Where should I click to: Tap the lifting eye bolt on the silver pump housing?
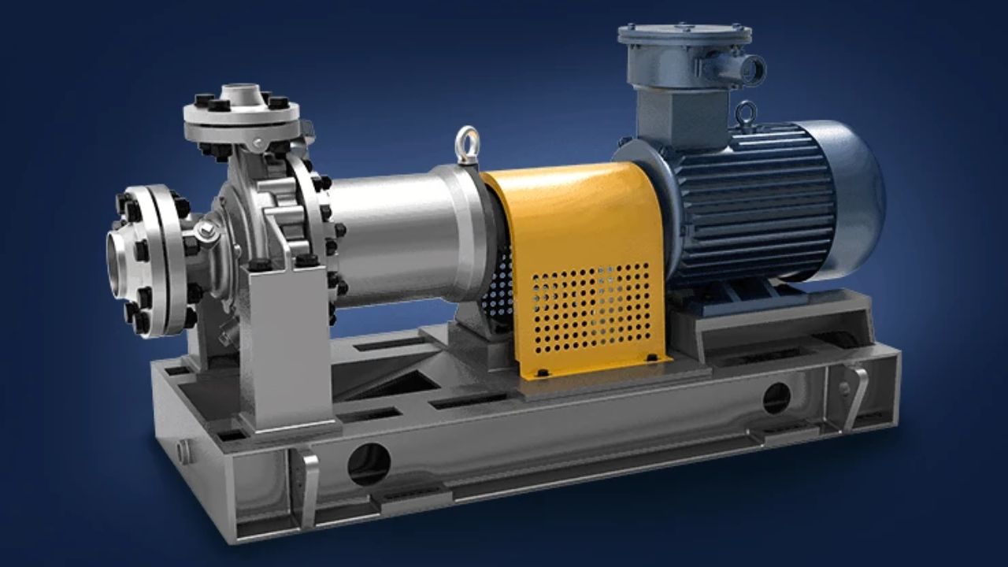point(467,144)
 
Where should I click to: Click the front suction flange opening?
point(119,265)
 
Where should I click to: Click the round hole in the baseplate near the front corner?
point(369,464)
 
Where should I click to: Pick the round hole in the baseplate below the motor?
point(776,398)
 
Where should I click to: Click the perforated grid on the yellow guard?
point(591,307)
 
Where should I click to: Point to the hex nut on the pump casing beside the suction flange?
point(206,231)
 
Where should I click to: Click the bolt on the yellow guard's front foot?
point(543,370)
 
